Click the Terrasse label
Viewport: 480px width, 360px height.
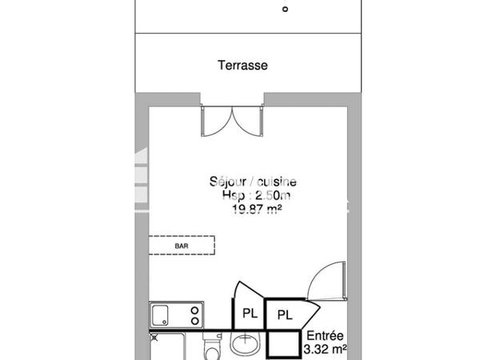click(242, 66)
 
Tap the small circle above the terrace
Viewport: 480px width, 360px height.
click(285, 10)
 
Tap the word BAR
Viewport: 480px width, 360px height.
click(182, 246)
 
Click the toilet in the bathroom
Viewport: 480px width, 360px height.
click(212, 349)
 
